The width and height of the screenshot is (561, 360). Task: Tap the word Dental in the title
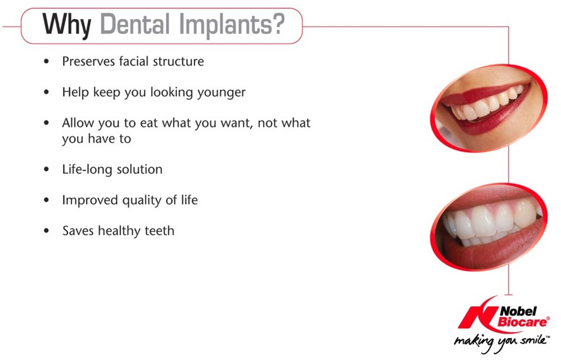pos(135,25)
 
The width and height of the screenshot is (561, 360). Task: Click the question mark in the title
pos(276,24)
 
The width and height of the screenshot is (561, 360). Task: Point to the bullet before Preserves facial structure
pos(46,61)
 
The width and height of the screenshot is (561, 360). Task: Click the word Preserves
pos(88,61)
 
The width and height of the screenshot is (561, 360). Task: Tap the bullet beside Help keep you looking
pos(46,92)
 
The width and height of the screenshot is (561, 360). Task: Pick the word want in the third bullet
pos(236,123)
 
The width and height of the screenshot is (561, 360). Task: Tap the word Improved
pos(90,200)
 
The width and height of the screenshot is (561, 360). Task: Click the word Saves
pos(78,231)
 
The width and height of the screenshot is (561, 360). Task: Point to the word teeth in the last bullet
pos(160,231)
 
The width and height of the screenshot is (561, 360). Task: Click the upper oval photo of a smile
pos(488,108)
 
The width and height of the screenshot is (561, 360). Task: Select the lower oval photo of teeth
pos(488,227)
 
